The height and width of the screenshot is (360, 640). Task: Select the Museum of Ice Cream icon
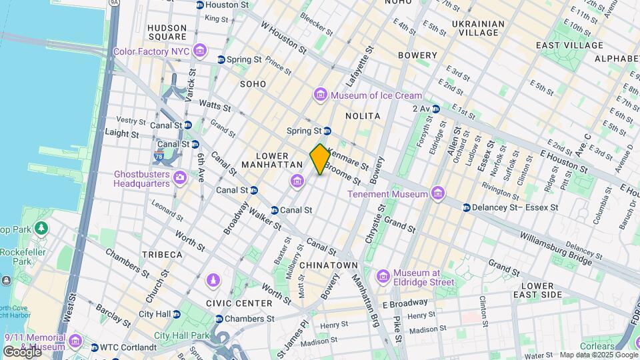click(321, 95)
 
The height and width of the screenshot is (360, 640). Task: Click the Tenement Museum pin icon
click(437, 194)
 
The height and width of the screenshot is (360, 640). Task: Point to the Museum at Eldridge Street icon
click(383, 276)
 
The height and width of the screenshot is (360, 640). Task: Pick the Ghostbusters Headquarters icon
click(179, 178)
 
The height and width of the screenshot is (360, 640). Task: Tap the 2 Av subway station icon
click(436, 109)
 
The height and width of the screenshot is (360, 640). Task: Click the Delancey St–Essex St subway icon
click(467, 207)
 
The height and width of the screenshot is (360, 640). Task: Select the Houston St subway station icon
click(199, 5)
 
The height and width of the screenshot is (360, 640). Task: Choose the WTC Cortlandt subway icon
click(94, 347)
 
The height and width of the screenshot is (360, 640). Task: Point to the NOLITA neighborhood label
click(363, 116)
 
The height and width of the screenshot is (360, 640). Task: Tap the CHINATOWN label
click(329, 265)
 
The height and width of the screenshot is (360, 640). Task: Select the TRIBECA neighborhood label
click(161, 255)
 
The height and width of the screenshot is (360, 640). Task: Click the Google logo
click(21, 351)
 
